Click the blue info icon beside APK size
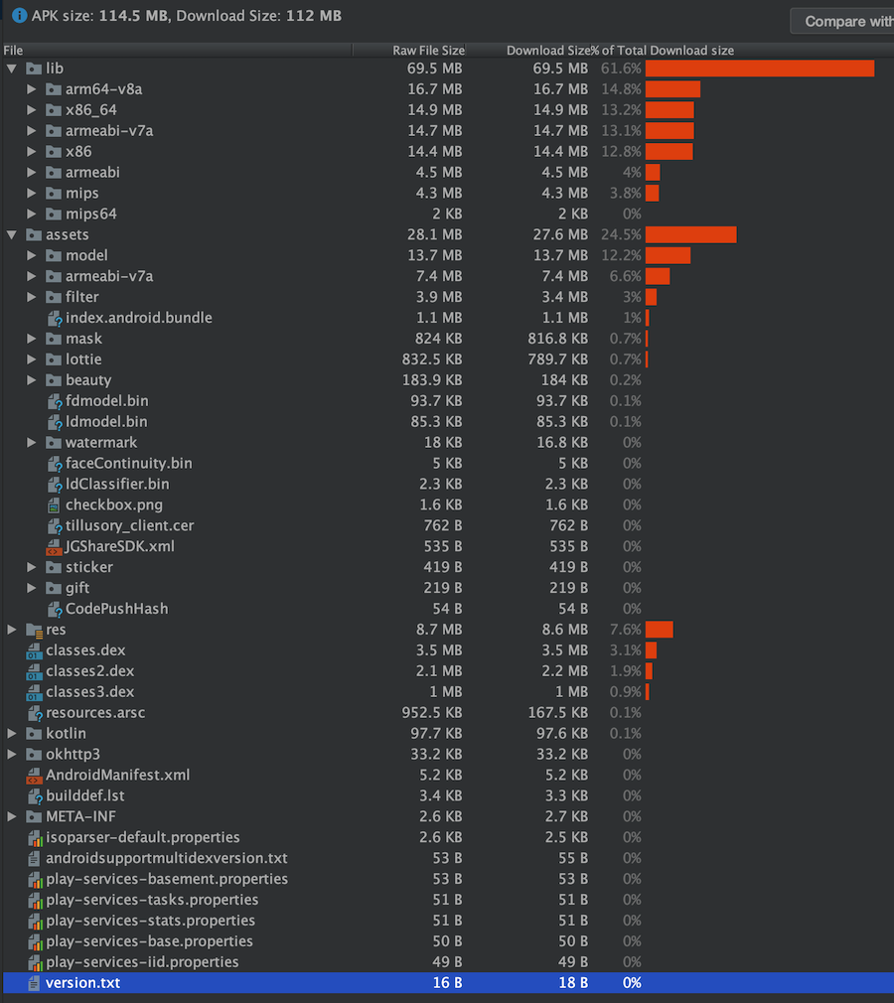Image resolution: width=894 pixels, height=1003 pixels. (x=18, y=16)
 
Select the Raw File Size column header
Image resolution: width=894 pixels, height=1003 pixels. (x=428, y=50)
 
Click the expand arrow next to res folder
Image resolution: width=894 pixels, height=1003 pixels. (x=12, y=630)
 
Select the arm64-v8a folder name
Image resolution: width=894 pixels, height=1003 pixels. (x=103, y=89)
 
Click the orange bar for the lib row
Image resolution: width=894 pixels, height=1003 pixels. (x=759, y=69)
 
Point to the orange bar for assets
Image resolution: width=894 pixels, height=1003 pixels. (x=690, y=234)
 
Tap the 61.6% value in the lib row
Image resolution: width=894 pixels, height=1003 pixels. (x=621, y=69)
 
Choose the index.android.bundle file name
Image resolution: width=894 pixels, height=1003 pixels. (x=138, y=318)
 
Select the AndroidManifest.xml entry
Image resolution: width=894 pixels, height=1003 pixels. (x=117, y=775)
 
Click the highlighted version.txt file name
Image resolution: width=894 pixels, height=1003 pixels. (x=83, y=983)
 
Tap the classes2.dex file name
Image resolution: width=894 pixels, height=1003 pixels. (x=89, y=671)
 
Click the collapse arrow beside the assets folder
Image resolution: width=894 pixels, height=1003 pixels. (x=12, y=235)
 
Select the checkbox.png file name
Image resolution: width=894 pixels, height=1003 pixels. (x=113, y=504)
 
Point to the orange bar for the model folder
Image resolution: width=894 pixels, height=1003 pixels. (x=668, y=255)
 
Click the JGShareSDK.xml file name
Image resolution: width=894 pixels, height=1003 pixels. (x=120, y=546)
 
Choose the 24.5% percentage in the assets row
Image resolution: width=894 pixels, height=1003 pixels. (x=621, y=235)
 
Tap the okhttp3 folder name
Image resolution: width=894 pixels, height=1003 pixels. (x=73, y=754)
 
